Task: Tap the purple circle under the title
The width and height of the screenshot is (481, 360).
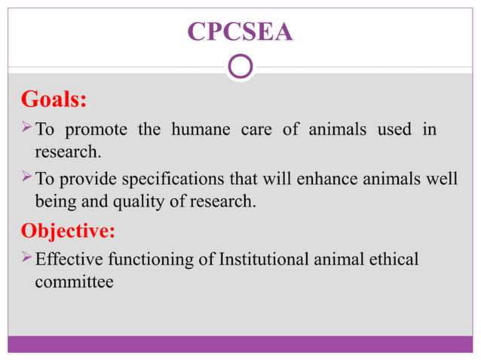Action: click(x=240, y=68)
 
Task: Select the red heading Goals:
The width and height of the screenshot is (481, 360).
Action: click(x=54, y=99)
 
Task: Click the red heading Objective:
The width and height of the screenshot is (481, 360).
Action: click(x=72, y=230)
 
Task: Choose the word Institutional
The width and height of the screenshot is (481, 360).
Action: click(x=264, y=260)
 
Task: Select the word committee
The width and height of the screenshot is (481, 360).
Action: click(x=74, y=282)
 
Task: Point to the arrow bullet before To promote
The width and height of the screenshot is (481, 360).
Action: click(x=25, y=128)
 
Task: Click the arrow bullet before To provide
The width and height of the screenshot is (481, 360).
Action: click(x=25, y=180)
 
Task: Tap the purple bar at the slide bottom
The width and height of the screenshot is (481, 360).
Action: click(x=240, y=344)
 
